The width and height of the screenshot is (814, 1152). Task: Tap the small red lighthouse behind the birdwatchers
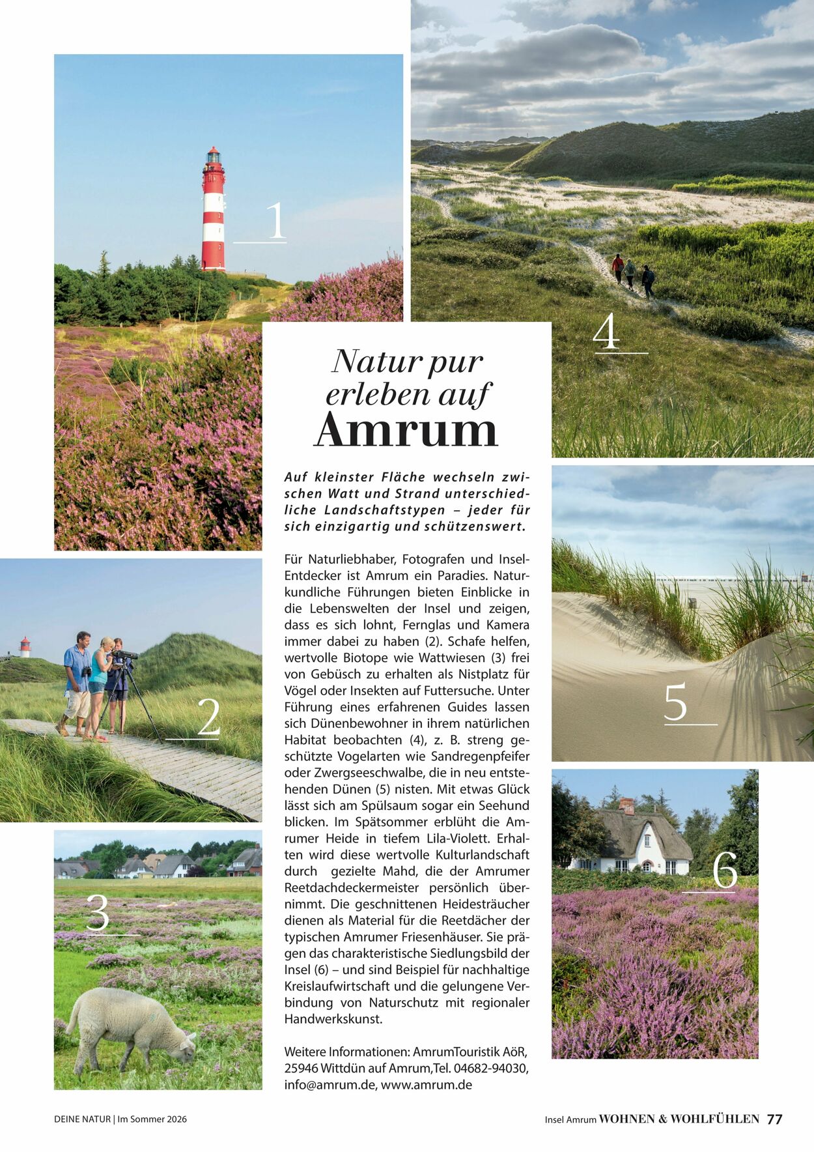25,646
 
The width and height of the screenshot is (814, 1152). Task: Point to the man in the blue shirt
77,681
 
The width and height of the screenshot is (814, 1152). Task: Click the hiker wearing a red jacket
617,267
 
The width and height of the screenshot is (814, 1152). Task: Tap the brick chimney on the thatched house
626,806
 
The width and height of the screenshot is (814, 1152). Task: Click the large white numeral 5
675,702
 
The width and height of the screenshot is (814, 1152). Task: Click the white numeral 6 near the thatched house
724,870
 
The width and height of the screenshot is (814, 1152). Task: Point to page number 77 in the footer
774,1119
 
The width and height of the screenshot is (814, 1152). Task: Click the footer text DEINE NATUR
82,1119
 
